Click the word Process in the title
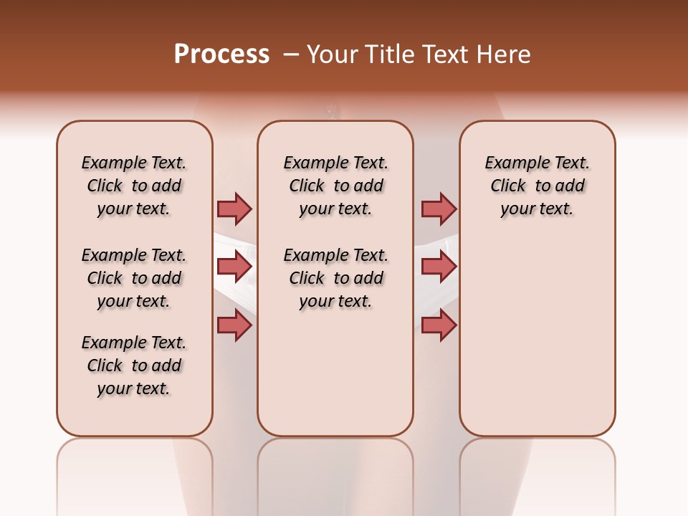221,54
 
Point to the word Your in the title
333,54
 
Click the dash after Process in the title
291,54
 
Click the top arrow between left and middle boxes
234,209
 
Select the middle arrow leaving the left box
234,267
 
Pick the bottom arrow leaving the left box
234,325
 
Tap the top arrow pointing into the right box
439,209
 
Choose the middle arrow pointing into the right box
439,267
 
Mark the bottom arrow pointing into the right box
439,325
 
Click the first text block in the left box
134,186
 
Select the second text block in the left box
134,278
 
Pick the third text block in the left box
134,365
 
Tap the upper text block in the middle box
335,186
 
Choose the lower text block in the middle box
335,278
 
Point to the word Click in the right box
508,186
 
